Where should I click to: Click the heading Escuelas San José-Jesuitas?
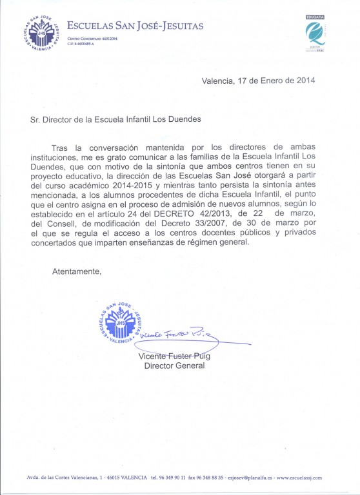(x=135, y=26)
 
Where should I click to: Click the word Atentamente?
(x=77, y=271)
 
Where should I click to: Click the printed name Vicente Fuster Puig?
(x=174, y=356)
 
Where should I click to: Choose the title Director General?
(x=174, y=365)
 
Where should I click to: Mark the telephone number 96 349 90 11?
(x=170, y=478)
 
